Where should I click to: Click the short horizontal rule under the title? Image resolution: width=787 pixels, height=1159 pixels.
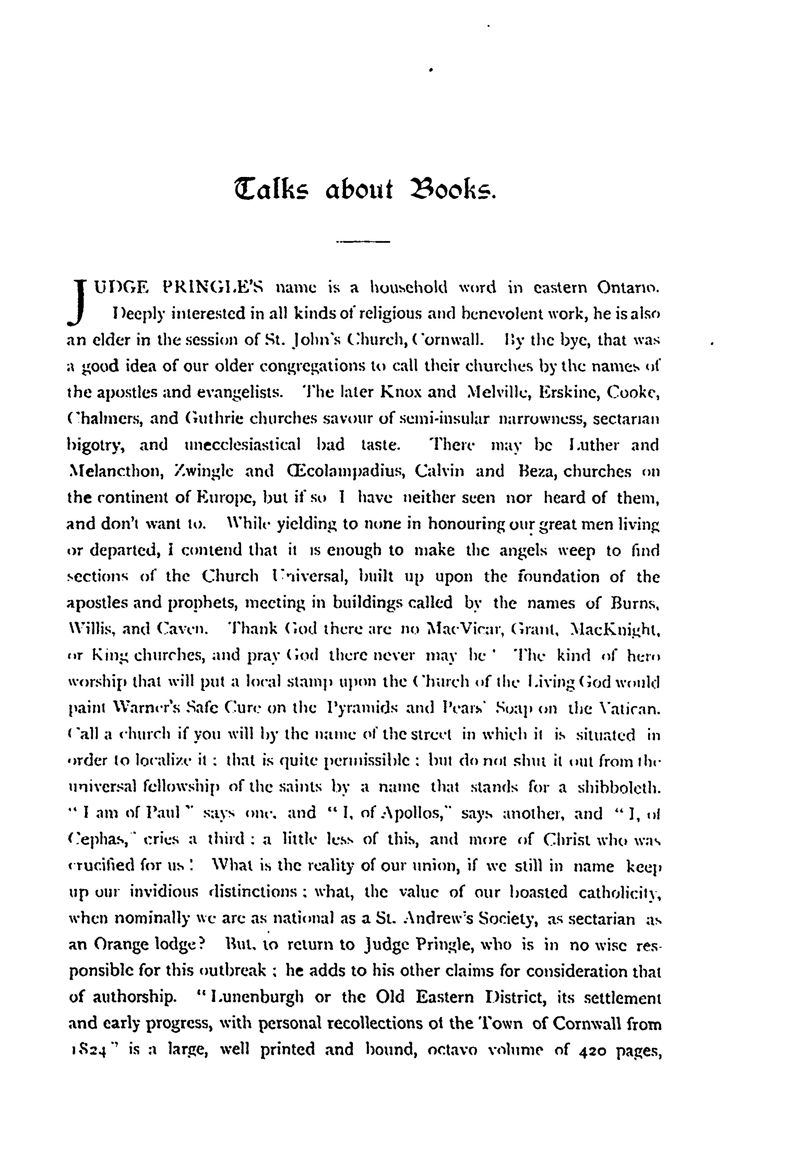tap(362, 242)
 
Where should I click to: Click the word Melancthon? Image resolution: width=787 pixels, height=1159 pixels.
tap(116, 471)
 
